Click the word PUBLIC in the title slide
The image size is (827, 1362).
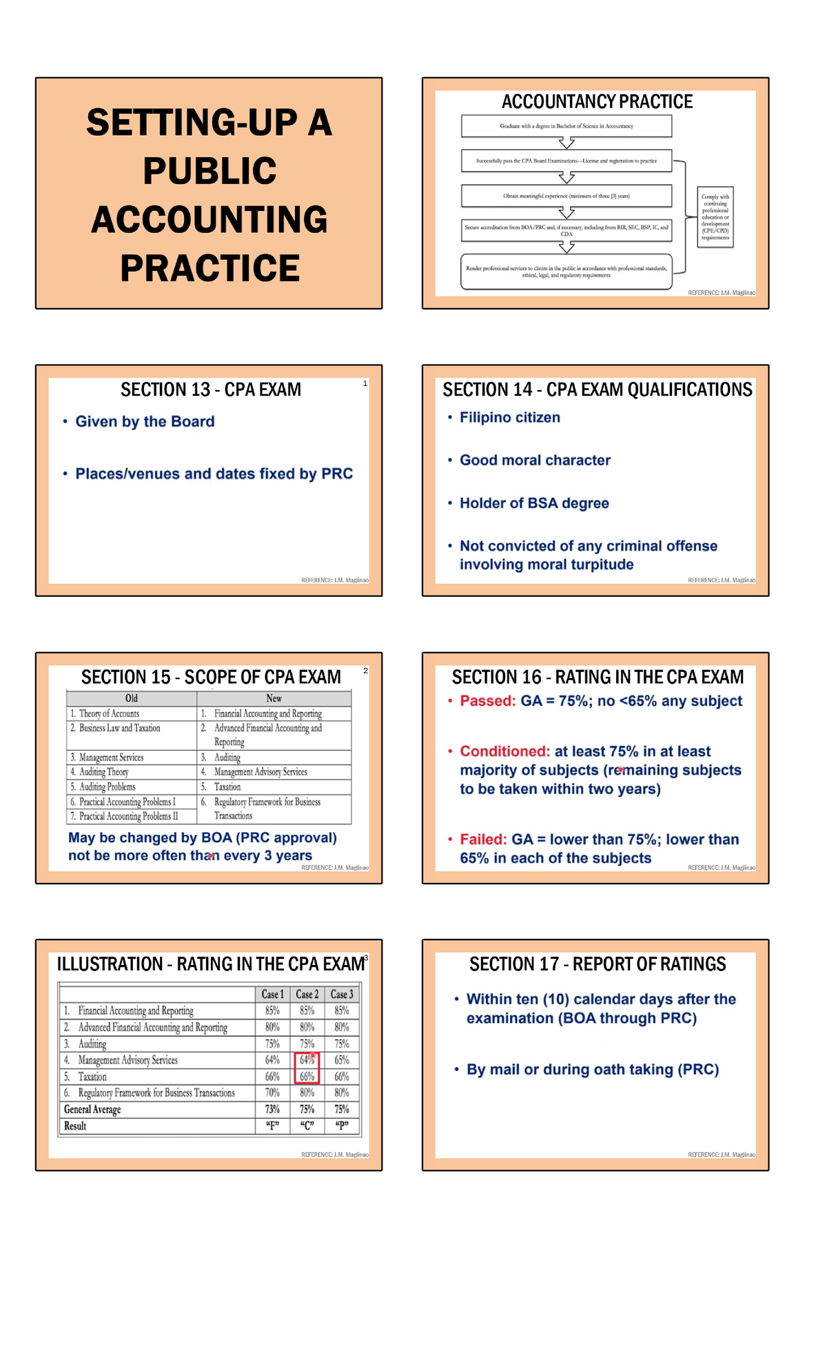tap(210, 171)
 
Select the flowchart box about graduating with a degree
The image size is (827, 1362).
tap(566, 126)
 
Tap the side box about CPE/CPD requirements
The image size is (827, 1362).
tap(715, 216)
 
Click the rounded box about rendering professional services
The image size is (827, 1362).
tap(566, 272)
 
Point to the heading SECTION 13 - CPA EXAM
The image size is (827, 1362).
tap(211, 389)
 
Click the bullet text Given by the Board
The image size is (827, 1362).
tap(145, 421)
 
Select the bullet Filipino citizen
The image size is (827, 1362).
tap(509, 417)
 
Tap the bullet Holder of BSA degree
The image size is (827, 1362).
tap(534, 503)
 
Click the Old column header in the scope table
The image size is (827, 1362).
tap(132, 698)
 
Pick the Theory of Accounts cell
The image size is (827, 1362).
tap(109, 713)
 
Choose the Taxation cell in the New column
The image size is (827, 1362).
tap(227, 786)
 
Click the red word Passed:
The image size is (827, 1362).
tap(488, 701)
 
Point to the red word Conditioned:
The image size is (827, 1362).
tap(505, 751)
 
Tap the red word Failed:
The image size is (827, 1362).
tap(483, 840)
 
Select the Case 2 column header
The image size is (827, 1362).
tap(307, 994)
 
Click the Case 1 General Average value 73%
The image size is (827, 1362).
tap(273, 1109)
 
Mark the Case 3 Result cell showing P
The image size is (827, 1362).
tap(342, 1126)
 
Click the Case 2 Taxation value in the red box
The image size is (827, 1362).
tap(307, 1077)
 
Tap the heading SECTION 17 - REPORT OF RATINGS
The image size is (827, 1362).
tap(598, 964)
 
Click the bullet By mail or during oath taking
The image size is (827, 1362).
tap(593, 1069)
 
